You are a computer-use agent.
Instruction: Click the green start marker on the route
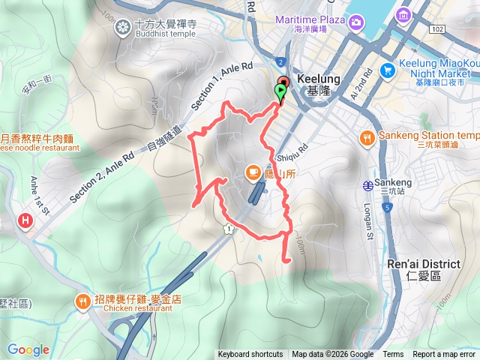click(280, 92)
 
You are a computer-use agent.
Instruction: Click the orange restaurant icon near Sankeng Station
click(367, 137)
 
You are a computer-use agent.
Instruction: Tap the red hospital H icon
click(25, 220)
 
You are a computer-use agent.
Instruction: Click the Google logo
click(28, 349)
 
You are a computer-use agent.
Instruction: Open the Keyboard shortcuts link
click(250, 355)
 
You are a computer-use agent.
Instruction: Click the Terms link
click(393, 355)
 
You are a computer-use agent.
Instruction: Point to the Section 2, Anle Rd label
click(101, 172)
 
